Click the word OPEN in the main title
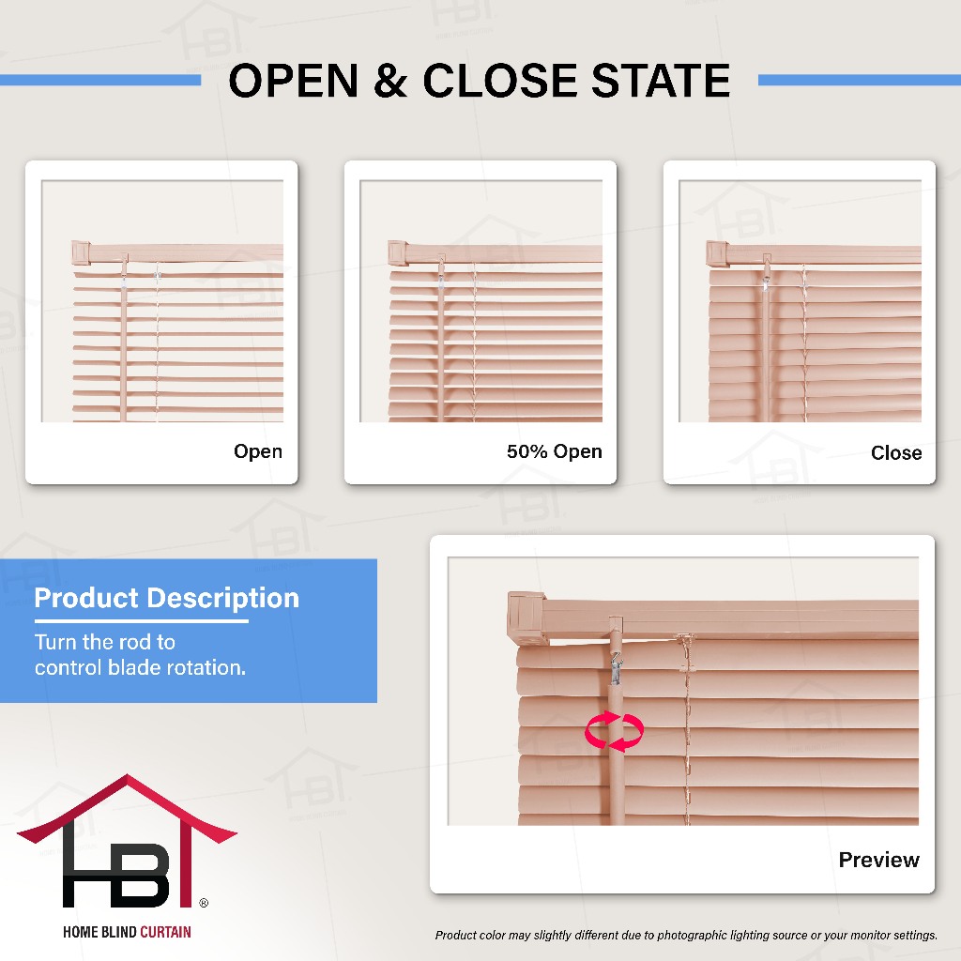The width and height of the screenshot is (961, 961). (x=293, y=81)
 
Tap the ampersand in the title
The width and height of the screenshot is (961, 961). (x=389, y=81)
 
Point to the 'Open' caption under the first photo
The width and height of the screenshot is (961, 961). (x=258, y=451)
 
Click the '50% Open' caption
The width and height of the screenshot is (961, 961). (x=554, y=451)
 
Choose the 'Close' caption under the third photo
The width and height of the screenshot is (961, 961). (x=896, y=453)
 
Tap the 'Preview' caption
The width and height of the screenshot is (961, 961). (x=878, y=860)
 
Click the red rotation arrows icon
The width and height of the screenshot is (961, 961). (x=614, y=730)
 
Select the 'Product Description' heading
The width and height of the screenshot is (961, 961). (x=167, y=598)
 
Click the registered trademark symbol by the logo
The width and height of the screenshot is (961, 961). (x=204, y=903)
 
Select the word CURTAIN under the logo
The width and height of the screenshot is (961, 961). (x=165, y=932)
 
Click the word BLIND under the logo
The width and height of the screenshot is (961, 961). (x=119, y=932)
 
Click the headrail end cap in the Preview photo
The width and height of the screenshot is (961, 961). (x=527, y=618)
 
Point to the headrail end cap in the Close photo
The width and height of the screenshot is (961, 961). (x=716, y=253)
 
